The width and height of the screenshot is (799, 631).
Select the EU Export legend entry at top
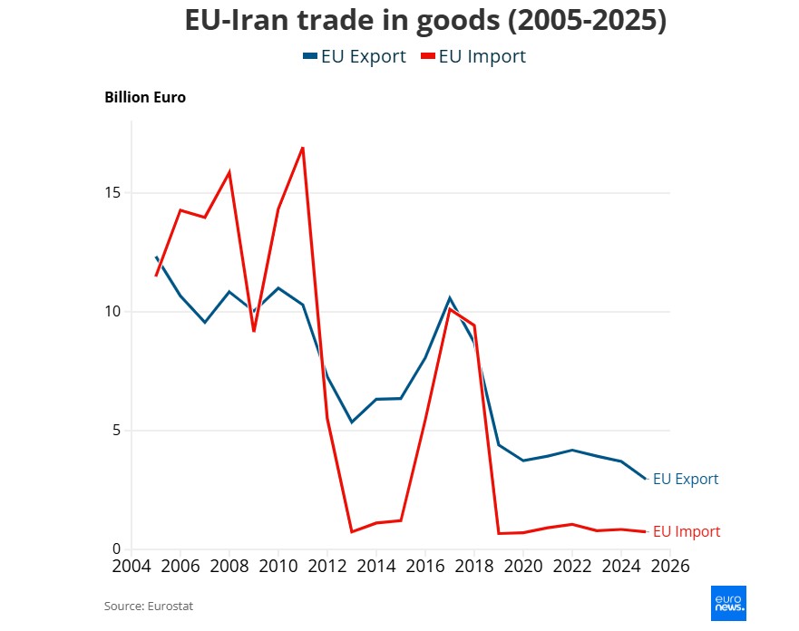tap(355, 56)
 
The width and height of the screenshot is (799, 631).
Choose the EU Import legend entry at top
tap(473, 56)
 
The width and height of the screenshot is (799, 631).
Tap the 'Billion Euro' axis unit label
tap(145, 97)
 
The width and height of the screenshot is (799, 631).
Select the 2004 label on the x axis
tap(132, 567)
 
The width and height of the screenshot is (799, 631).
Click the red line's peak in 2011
tap(302, 147)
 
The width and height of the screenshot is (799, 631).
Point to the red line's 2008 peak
tap(229, 171)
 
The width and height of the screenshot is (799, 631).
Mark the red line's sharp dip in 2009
tap(254, 331)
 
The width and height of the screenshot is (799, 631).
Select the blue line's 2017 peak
tap(449, 297)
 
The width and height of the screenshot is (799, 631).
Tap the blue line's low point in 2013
tap(352, 422)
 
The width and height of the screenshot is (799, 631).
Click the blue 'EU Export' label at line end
tap(685, 479)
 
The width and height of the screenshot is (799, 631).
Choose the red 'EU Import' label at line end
tap(687, 532)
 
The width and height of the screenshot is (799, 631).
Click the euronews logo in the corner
tap(727, 603)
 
